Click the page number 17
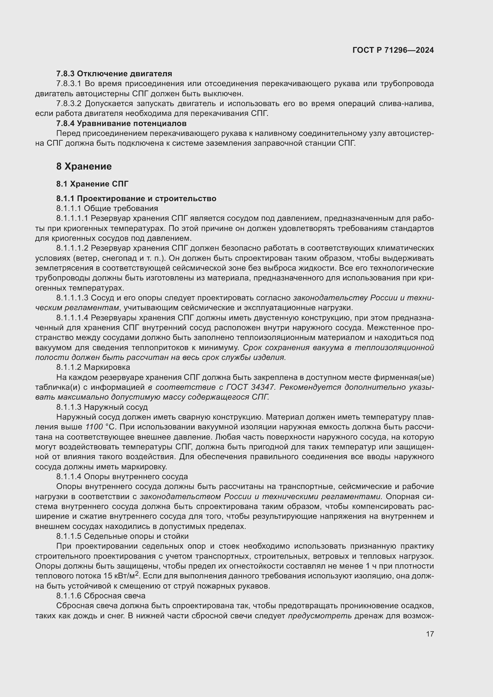(430, 634)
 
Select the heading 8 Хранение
(84, 166)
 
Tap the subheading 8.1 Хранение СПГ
(92, 184)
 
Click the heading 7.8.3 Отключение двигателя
(114, 74)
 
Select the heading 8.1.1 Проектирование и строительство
(136, 198)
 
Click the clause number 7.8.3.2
(69, 104)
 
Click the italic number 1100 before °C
(94, 427)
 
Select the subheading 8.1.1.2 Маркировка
(93, 367)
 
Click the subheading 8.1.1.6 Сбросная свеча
(100, 596)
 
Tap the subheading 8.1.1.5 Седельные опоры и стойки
(122, 536)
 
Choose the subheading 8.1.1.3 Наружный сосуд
(102, 407)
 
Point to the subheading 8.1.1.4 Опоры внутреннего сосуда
(122, 476)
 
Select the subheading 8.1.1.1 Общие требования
(107, 209)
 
